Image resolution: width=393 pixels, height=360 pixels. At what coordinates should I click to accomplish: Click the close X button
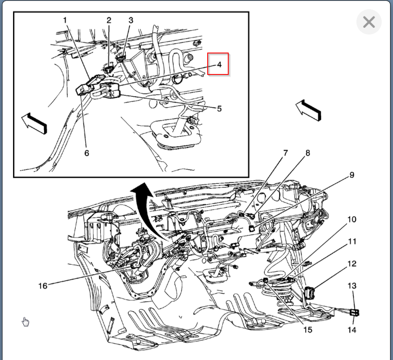point(369,22)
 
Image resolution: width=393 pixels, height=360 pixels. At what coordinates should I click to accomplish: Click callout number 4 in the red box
point(219,64)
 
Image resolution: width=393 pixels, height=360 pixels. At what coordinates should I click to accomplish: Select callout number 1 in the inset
point(65,20)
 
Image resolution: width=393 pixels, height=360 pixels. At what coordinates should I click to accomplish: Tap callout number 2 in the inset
point(109,20)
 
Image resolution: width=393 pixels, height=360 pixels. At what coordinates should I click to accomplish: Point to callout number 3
point(131,20)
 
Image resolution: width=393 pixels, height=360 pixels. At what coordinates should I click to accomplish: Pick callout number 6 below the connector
point(87,153)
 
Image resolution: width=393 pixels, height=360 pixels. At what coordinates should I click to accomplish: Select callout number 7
point(286,153)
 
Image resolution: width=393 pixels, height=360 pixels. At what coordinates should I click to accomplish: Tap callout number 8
point(308,153)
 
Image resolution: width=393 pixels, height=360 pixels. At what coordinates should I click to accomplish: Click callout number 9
point(351,175)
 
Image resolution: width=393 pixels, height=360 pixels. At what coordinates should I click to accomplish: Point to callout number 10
point(351,220)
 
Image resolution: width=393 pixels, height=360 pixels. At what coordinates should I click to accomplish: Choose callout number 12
point(351,264)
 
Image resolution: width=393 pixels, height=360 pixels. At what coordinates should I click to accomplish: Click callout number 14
point(351,330)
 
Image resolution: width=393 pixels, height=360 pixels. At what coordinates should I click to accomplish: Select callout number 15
point(308,330)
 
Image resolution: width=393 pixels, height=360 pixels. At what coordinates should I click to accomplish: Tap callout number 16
point(43,286)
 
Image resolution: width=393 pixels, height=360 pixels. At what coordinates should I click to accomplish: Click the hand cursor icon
point(26,322)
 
